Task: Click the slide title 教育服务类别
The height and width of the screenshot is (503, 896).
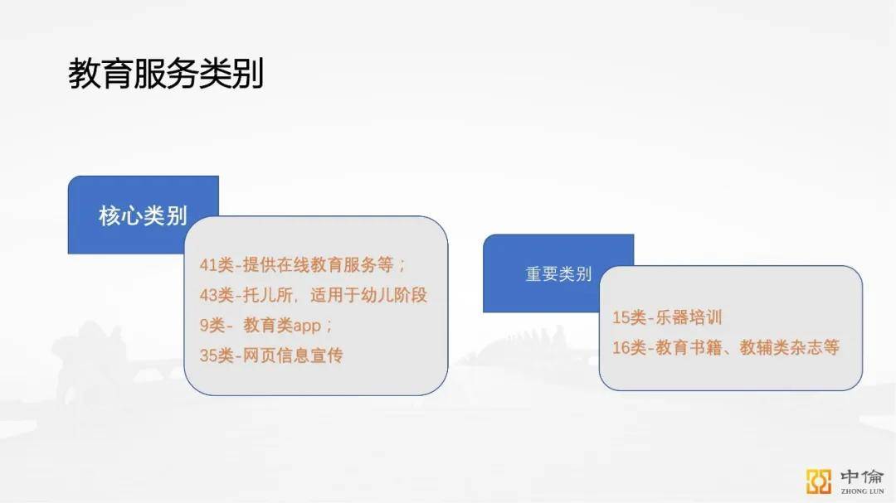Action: pos(166,74)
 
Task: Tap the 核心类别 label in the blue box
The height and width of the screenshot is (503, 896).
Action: pos(143,215)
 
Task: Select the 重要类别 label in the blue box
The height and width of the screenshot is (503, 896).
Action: pos(558,274)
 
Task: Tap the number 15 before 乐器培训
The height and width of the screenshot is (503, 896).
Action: pos(621,317)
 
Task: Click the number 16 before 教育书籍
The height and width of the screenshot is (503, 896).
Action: pos(621,347)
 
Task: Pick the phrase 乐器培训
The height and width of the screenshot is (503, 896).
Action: pos(689,317)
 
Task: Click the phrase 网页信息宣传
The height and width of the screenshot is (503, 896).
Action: pos(293,355)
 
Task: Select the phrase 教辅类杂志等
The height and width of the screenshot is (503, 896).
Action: pos(790,347)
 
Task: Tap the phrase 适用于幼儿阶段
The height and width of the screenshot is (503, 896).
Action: pos(368,295)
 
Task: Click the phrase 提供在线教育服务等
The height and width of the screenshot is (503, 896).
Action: pos(318,265)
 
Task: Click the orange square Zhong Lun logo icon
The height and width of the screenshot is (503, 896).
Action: pos(819,481)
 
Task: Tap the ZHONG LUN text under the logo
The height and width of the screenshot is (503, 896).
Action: pos(862,491)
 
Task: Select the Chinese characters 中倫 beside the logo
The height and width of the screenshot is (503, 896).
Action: pos(862,476)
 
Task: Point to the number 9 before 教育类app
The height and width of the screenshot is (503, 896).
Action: pos(204,326)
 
